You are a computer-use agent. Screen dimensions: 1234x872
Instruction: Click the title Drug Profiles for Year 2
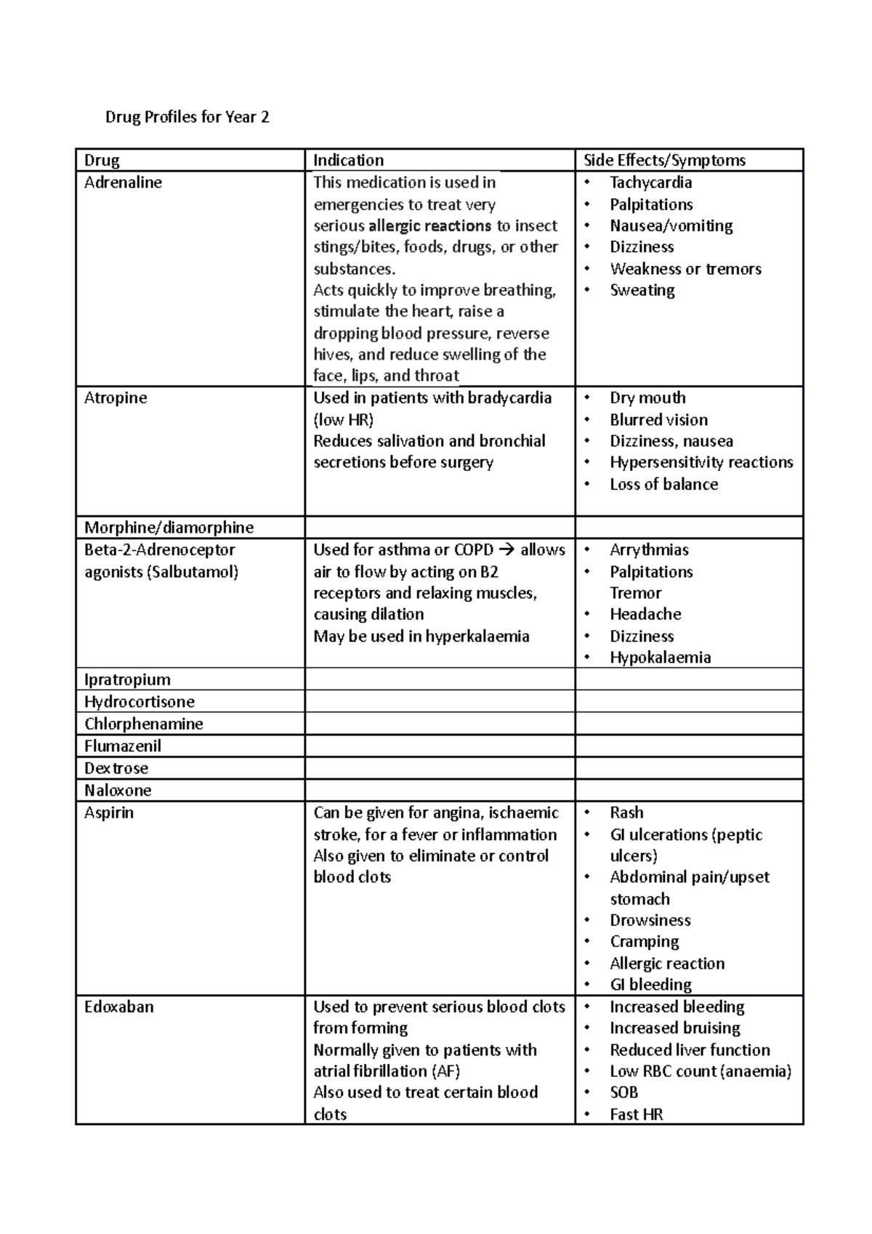tap(187, 117)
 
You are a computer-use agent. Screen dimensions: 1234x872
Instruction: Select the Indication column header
tap(348, 160)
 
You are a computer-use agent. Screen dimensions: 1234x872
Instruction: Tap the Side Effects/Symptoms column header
tap(664, 160)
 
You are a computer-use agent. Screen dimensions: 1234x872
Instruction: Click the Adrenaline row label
tap(123, 182)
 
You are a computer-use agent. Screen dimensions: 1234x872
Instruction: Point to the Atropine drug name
tap(116, 398)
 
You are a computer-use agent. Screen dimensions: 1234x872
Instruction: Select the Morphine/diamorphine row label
tap(169, 528)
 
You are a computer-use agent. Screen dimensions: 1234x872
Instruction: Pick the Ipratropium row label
tap(127, 679)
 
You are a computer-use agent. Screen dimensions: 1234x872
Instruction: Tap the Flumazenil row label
tap(123, 746)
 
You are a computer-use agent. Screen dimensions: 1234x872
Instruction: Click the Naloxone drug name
tap(118, 790)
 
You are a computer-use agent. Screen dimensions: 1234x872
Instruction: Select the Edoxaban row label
tap(118, 1007)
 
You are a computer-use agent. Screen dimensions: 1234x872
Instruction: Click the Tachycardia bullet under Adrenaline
tap(650, 182)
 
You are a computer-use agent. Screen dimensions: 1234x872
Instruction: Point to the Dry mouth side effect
tap(647, 398)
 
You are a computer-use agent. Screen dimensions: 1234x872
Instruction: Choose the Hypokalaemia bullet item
tap(660, 658)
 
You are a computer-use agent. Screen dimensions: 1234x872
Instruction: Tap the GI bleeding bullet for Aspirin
tap(650, 985)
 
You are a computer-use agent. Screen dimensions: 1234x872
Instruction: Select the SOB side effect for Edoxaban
tap(623, 1092)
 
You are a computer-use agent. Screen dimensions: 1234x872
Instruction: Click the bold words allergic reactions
tap(429, 226)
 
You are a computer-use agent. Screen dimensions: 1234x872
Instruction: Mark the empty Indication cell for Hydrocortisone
tap(440, 701)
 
